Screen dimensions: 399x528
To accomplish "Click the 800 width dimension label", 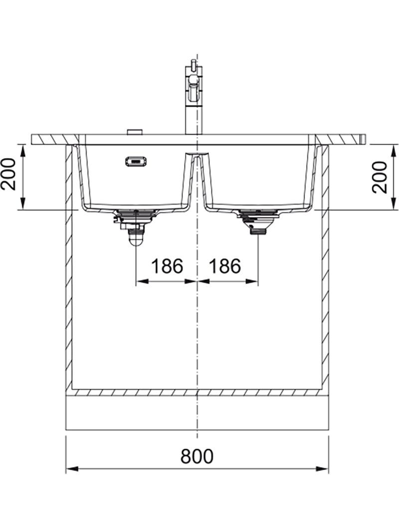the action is [197, 456].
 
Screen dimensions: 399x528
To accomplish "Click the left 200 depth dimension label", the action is [8, 174].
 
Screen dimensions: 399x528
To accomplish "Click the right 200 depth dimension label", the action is [380, 177].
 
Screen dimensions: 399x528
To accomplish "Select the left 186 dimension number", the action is [167, 266].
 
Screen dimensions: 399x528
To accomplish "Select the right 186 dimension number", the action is [225, 266].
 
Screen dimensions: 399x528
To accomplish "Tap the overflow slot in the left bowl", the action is [135, 162].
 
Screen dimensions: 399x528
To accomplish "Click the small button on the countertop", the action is [134, 132].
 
